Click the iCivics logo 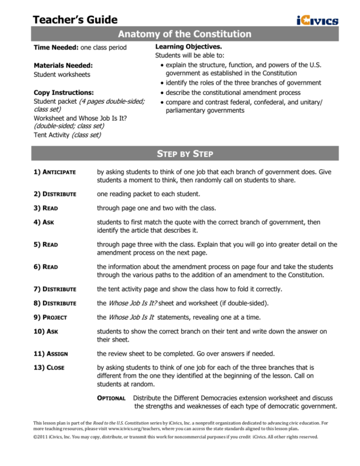(x=317, y=20)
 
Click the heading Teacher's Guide (x=75, y=19)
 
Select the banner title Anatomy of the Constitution (x=185, y=34)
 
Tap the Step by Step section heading (x=185, y=154)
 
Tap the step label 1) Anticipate (x=53, y=172)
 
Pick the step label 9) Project (x=50, y=317)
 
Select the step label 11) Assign (x=51, y=354)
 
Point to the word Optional (x=112, y=398)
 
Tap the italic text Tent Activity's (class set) (x=86, y=135)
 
